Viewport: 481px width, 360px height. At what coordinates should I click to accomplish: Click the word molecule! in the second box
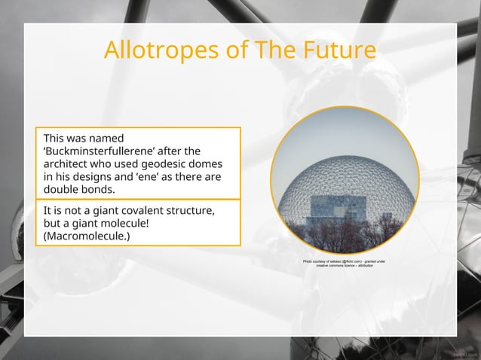[123, 224]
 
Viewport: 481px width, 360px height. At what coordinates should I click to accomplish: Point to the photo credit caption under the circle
[344, 264]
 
